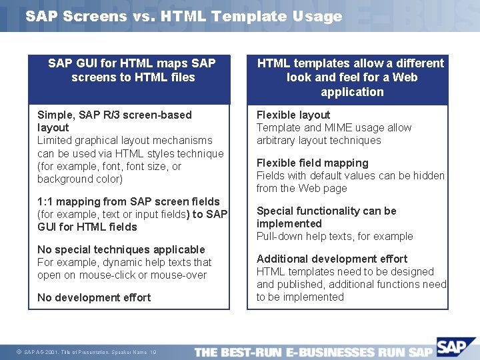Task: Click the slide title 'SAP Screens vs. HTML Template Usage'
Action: [x=183, y=17]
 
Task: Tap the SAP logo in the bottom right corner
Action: [x=457, y=347]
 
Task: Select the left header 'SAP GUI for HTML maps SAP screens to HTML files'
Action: [x=131, y=71]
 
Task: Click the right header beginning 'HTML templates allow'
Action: [x=351, y=77]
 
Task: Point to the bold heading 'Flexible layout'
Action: [x=293, y=115]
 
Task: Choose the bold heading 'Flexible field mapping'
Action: [x=312, y=163]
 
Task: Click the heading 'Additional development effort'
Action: [x=332, y=259]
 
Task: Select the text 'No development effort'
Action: [x=94, y=297]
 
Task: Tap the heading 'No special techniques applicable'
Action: [x=121, y=249]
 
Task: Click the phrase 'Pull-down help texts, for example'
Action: [x=335, y=237]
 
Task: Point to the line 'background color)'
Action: [x=80, y=179]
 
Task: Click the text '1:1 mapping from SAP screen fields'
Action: [x=128, y=201]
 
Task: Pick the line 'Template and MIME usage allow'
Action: [x=334, y=128]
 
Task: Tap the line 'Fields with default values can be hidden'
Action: [x=350, y=176]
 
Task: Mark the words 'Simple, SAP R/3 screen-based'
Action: [x=114, y=115]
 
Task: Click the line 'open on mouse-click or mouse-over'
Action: [x=122, y=275]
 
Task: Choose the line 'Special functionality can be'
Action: [x=326, y=211]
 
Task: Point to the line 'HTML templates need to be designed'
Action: [x=345, y=272]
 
